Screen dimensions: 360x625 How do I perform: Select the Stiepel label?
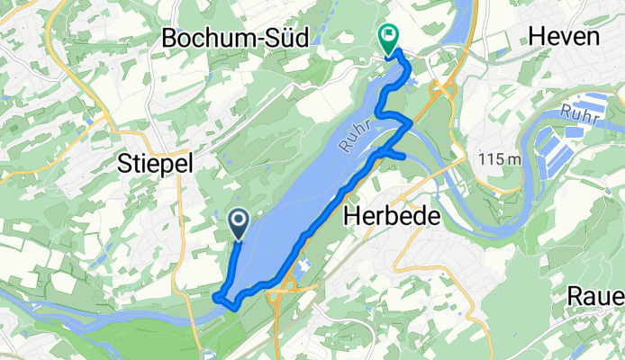[155, 162]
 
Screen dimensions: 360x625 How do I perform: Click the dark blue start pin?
[240, 222]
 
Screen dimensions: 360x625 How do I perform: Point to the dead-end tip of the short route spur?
[405, 160]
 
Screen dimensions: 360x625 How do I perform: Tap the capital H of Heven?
[535, 36]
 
